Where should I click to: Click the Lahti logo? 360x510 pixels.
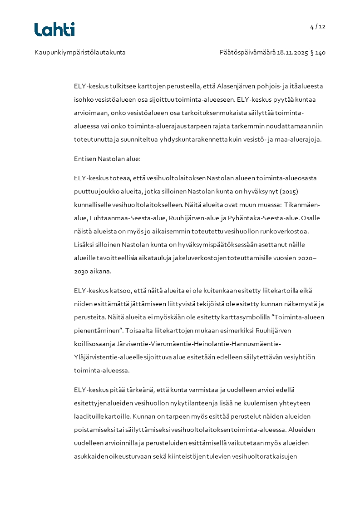(54, 30)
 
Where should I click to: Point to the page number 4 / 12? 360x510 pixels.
(318, 26)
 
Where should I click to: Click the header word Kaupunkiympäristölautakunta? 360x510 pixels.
(80, 53)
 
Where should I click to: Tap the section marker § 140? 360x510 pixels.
(318, 53)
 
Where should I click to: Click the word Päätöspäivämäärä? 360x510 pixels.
(247, 53)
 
